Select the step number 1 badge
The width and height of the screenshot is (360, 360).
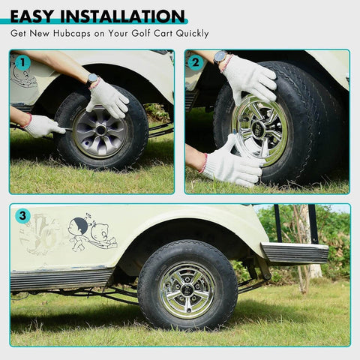22,63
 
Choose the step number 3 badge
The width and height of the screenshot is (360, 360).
22,217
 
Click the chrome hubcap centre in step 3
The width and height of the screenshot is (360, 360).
187,288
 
